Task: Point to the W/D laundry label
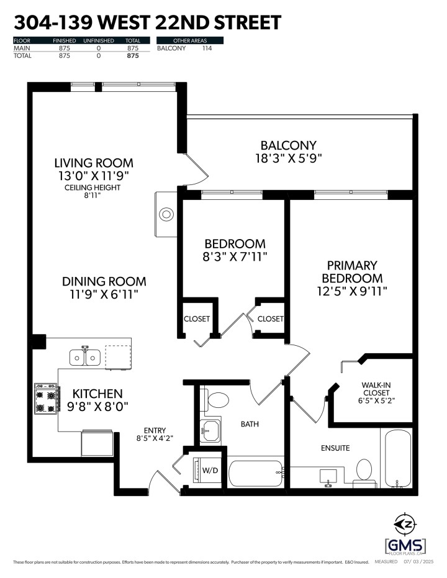pyautogui.click(x=210, y=470)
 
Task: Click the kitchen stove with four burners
pyautogui.click(x=48, y=399)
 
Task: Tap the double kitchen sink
pyautogui.click(x=86, y=357)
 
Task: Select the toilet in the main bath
pyautogui.click(x=217, y=399)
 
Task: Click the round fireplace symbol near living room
pyautogui.click(x=167, y=215)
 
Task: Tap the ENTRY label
pyautogui.click(x=155, y=430)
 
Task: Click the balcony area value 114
pyautogui.click(x=207, y=48)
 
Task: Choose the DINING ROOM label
pyautogui.click(x=104, y=281)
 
